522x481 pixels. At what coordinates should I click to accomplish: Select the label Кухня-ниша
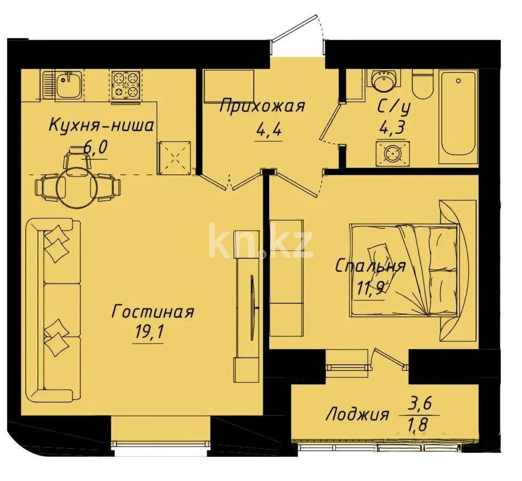(101, 126)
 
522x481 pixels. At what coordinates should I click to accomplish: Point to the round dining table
(78, 187)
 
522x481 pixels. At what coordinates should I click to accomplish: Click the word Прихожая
(262, 106)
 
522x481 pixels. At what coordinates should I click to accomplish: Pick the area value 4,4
(262, 129)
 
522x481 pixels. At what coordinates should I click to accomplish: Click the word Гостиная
(152, 312)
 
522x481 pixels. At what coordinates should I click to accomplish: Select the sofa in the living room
(53, 310)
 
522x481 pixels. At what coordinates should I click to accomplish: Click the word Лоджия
(357, 414)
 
